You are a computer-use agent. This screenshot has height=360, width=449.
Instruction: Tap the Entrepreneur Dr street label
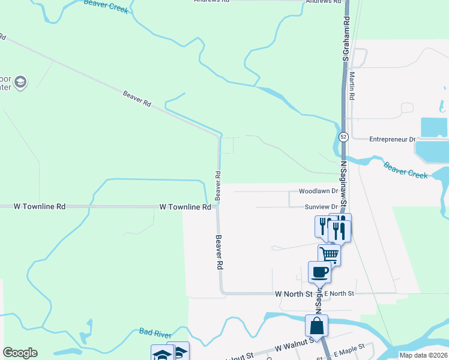click(x=392, y=139)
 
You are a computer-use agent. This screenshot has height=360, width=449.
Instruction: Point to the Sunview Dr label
click(x=318, y=207)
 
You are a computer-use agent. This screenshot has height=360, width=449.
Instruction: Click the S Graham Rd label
click(x=346, y=38)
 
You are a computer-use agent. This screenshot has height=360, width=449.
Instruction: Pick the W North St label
click(x=294, y=294)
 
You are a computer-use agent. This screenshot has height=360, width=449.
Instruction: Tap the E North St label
click(x=340, y=293)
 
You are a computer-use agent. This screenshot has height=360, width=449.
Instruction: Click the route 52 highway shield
click(x=343, y=137)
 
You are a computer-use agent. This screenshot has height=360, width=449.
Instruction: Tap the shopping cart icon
click(x=329, y=254)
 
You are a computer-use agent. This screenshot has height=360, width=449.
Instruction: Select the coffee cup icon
click(x=319, y=272)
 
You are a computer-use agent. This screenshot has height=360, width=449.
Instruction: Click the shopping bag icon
click(x=316, y=326)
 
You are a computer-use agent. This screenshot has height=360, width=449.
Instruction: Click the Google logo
click(x=20, y=353)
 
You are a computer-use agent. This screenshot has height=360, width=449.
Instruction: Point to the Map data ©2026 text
click(x=423, y=355)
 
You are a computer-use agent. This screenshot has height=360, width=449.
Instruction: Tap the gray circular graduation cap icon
click(x=20, y=82)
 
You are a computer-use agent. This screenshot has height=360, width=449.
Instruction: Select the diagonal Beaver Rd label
click(x=137, y=98)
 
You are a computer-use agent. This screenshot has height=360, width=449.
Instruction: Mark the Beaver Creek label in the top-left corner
click(x=106, y=5)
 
